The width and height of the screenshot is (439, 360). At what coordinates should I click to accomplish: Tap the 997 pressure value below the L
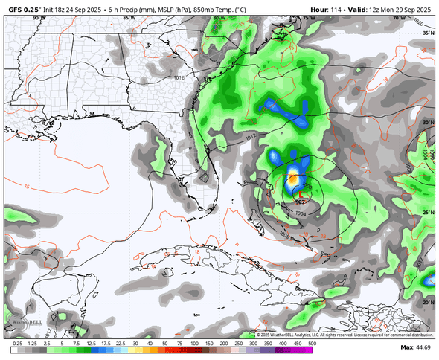click(x=301, y=202)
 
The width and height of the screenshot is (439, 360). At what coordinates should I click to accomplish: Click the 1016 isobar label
click(x=179, y=77)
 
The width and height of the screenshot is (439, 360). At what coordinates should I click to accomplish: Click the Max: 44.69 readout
click(x=416, y=347)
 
